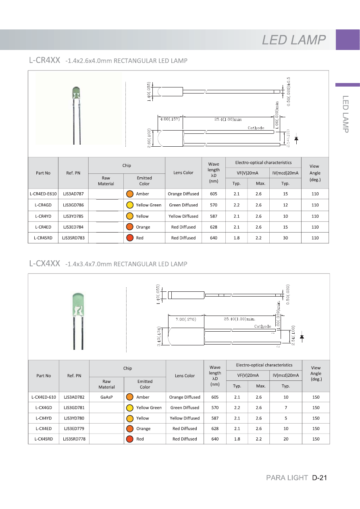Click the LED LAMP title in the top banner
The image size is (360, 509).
click(293, 40)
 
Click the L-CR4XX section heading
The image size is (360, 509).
click(44, 60)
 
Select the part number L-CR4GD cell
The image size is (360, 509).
click(43, 205)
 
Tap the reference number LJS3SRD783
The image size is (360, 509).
click(73, 238)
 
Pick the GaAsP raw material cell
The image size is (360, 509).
click(106, 397)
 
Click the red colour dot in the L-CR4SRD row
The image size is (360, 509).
click(130, 238)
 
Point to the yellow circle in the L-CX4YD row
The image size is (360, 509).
click(130, 418)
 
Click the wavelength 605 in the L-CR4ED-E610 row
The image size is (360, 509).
click(214, 194)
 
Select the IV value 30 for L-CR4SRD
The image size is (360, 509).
click(285, 238)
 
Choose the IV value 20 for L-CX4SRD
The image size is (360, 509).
click(286, 439)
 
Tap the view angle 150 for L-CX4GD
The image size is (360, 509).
click(316, 408)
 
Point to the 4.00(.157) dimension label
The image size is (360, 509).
click(169, 119)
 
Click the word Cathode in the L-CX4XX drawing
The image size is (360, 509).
click(262, 326)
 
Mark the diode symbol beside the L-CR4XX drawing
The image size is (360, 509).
click(296, 139)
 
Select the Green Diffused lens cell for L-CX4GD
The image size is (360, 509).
click(185, 408)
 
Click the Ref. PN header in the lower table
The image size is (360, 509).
click(74, 376)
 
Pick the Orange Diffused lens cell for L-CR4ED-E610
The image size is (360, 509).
click(183, 194)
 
